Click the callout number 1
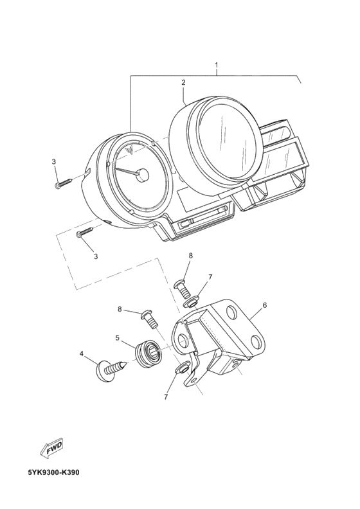click(x=216, y=64)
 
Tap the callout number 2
click(x=183, y=82)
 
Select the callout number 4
click(x=82, y=353)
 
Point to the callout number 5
click(x=117, y=338)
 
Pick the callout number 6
click(x=265, y=305)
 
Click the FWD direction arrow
click(x=51, y=449)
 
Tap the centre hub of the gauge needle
click(x=143, y=175)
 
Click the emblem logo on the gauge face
click(x=130, y=150)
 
